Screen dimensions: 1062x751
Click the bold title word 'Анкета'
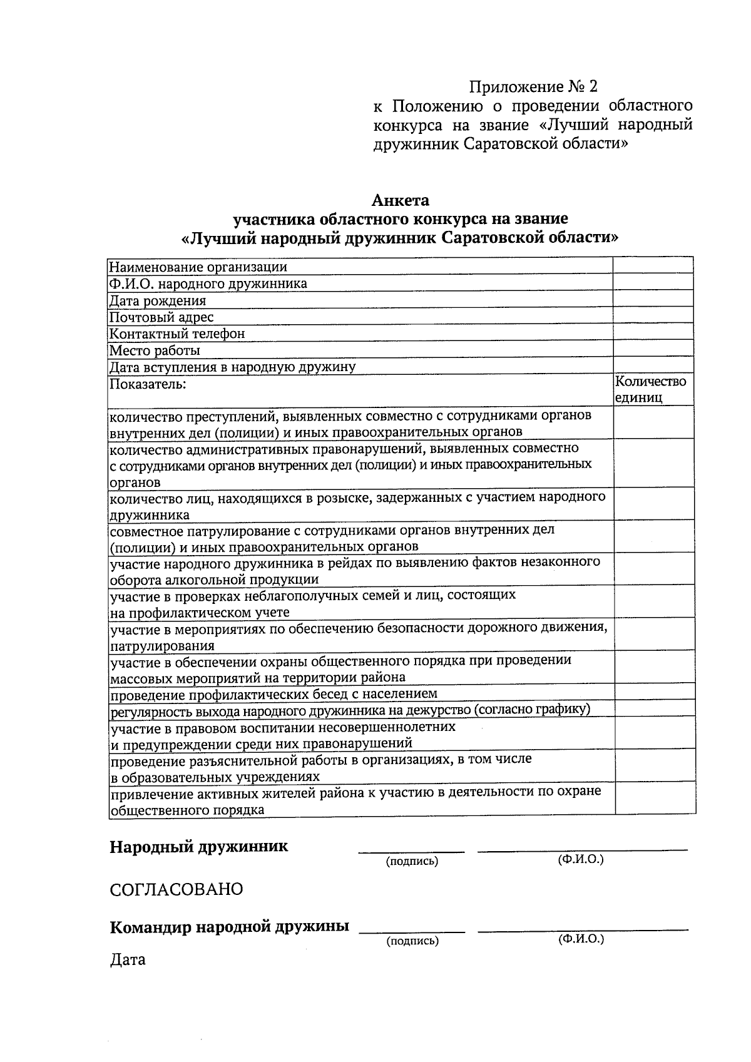(401, 201)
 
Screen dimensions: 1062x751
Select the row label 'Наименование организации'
(198, 267)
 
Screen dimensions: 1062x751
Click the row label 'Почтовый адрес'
(161, 317)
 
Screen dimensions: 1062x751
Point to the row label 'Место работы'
(155, 350)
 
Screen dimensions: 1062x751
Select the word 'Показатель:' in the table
(148, 384)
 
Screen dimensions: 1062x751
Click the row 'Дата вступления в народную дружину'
(232, 367)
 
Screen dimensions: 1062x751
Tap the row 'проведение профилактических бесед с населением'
(273, 694)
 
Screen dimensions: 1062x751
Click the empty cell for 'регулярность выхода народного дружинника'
(654, 708)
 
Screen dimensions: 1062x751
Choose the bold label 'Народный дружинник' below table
(199, 847)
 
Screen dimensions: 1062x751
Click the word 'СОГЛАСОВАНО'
(176, 889)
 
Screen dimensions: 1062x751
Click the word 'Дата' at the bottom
(128, 959)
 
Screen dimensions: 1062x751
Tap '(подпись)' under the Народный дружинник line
(412, 862)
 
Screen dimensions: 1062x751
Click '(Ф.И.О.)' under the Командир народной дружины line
(580, 939)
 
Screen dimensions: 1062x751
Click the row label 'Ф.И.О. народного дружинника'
(208, 283)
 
